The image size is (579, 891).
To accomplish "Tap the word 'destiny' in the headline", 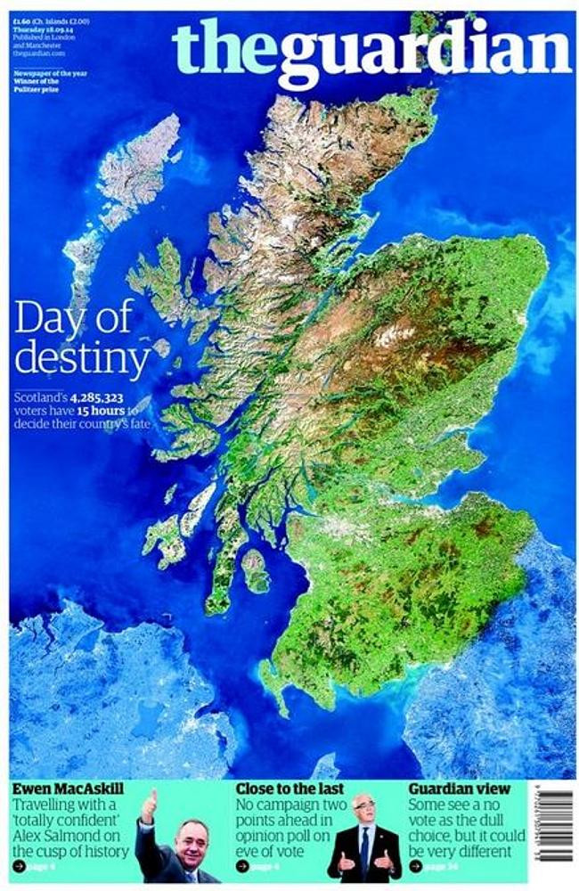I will pyautogui.click(x=81, y=358).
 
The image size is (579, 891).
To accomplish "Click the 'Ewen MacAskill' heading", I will pyautogui.click(x=68, y=789).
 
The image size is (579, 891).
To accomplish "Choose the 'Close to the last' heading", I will pyautogui.click(x=288, y=789).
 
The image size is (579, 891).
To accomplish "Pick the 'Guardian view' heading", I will pyautogui.click(x=460, y=789).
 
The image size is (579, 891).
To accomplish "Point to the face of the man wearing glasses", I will pyautogui.click(x=363, y=813).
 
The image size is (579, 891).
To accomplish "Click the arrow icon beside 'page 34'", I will pyautogui.click(x=416, y=866).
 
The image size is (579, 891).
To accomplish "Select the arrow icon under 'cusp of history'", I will pyautogui.click(x=20, y=866).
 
